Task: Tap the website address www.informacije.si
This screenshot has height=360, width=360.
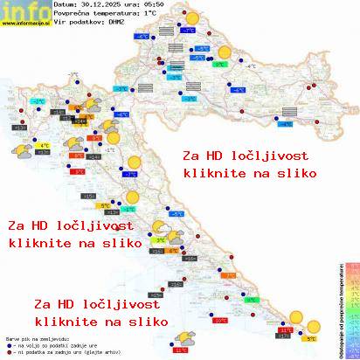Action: [x=24, y=23]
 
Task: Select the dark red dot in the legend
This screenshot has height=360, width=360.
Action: [x=8, y=351]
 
